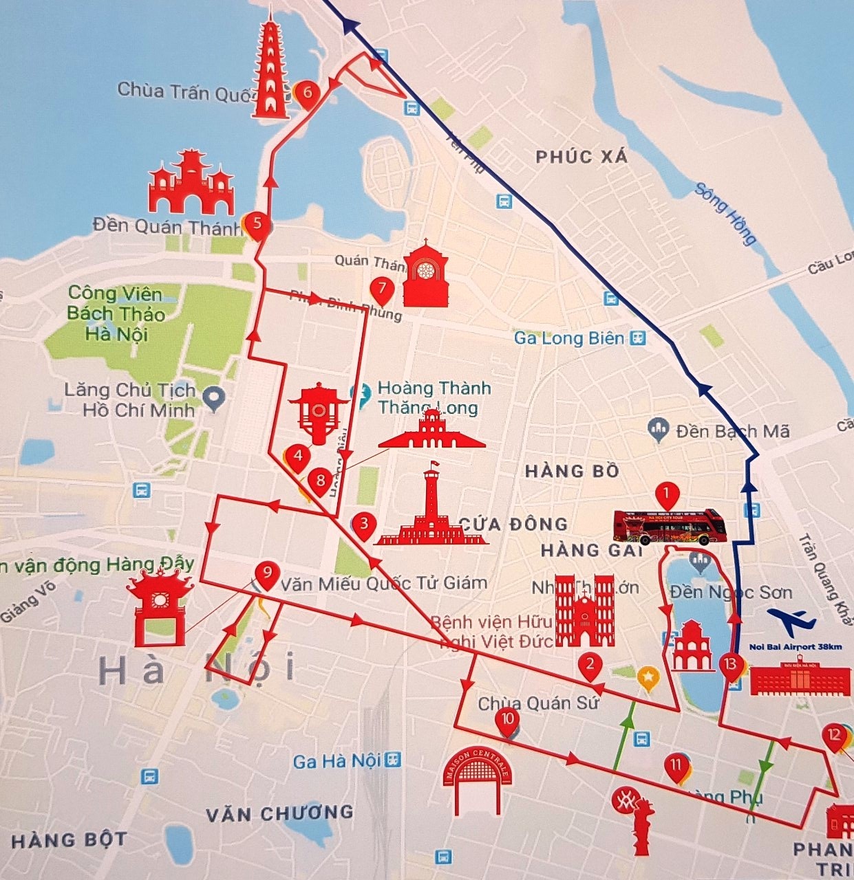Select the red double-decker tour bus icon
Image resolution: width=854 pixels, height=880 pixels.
point(670,527)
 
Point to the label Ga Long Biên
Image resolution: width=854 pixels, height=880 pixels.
point(570,338)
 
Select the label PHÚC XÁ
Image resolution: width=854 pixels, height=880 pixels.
point(581,157)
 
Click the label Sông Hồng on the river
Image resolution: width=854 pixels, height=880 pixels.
point(725,214)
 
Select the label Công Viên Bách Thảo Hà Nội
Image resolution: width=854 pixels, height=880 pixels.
point(116,314)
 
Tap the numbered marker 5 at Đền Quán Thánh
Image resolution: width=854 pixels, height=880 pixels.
point(257,224)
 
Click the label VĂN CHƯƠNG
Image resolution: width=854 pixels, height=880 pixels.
point(279,814)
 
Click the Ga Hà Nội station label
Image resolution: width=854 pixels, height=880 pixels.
point(339,761)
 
